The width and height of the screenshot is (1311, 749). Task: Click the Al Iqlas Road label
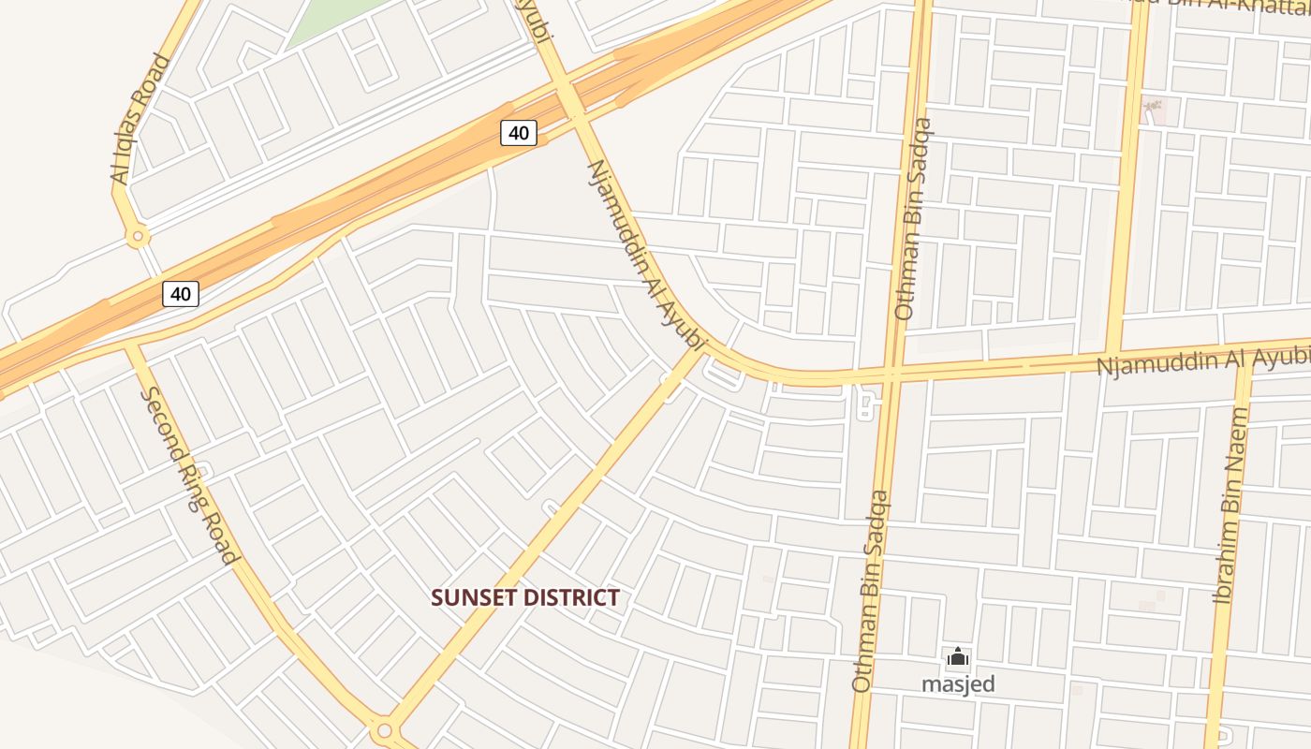[x=139, y=120]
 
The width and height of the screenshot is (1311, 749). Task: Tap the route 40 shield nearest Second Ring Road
[x=181, y=294]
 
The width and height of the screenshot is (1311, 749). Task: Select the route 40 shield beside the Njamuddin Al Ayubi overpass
[x=518, y=133]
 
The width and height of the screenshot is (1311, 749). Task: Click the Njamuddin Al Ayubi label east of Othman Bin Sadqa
[x=1203, y=360]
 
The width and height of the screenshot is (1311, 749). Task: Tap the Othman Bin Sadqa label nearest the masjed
[x=870, y=592]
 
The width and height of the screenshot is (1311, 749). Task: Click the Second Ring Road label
[x=189, y=476]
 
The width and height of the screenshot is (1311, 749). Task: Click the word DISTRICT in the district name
[x=575, y=597]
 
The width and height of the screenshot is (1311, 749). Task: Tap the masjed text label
[x=958, y=684]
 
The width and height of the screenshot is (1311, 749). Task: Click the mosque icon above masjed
[x=957, y=657]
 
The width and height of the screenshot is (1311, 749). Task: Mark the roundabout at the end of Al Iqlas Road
[x=139, y=237]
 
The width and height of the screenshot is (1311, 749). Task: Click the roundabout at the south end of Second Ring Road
[x=383, y=729]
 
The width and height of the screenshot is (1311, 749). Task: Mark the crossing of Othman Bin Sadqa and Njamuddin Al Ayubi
[x=891, y=374]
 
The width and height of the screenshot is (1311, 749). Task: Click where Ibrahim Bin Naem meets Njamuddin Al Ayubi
[x=1245, y=362]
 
